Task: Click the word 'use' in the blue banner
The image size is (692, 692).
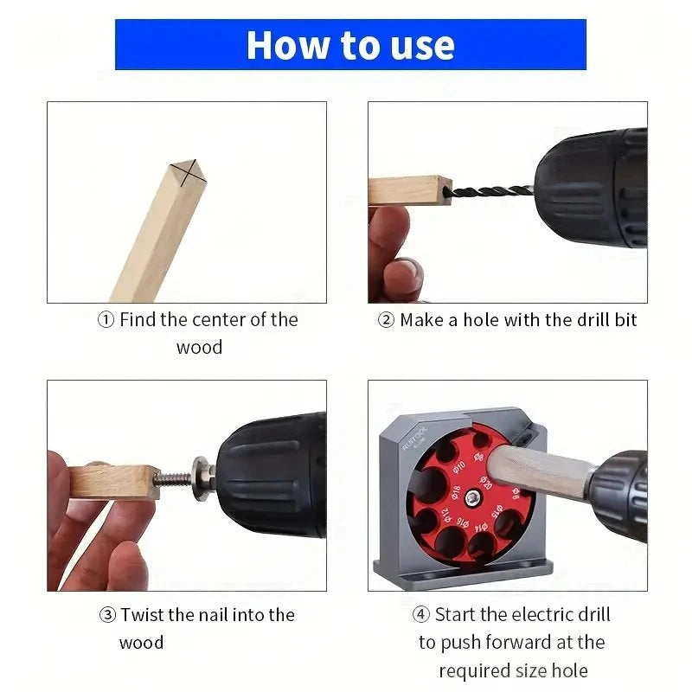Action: tap(422, 46)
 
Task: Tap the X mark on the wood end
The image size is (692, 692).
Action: tap(189, 171)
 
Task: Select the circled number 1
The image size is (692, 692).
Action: tap(106, 319)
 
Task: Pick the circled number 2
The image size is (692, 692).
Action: tap(386, 319)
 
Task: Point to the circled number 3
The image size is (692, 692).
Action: tap(107, 615)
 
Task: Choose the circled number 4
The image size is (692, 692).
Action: tap(421, 614)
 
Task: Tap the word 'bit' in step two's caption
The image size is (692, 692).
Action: tap(625, 319)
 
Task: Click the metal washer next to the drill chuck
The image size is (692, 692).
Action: tap(200, 479)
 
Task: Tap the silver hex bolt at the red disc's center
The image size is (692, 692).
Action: tap(473, 497)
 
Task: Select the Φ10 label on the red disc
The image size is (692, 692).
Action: tap(459, 467)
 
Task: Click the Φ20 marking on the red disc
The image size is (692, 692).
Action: tap(486, 483)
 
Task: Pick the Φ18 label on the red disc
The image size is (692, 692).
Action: tap(457, 492)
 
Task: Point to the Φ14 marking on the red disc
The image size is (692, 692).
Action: tap(481, 527)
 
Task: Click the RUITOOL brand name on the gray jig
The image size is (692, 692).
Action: tap(415, 438)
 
